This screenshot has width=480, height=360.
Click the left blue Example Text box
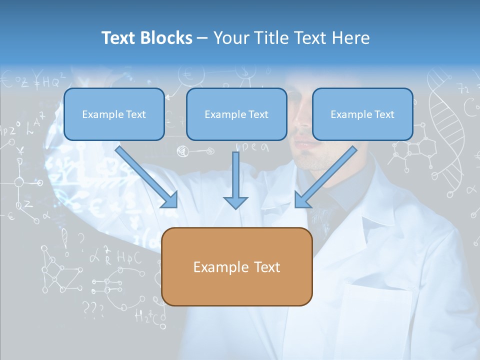(x=114, y=114)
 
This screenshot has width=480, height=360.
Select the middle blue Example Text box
(x=236, y=114)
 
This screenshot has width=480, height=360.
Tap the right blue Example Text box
(x=362, y=114)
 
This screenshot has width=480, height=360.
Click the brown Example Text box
(x=237, y=266)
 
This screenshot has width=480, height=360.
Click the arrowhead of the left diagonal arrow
(x=170, y=200)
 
